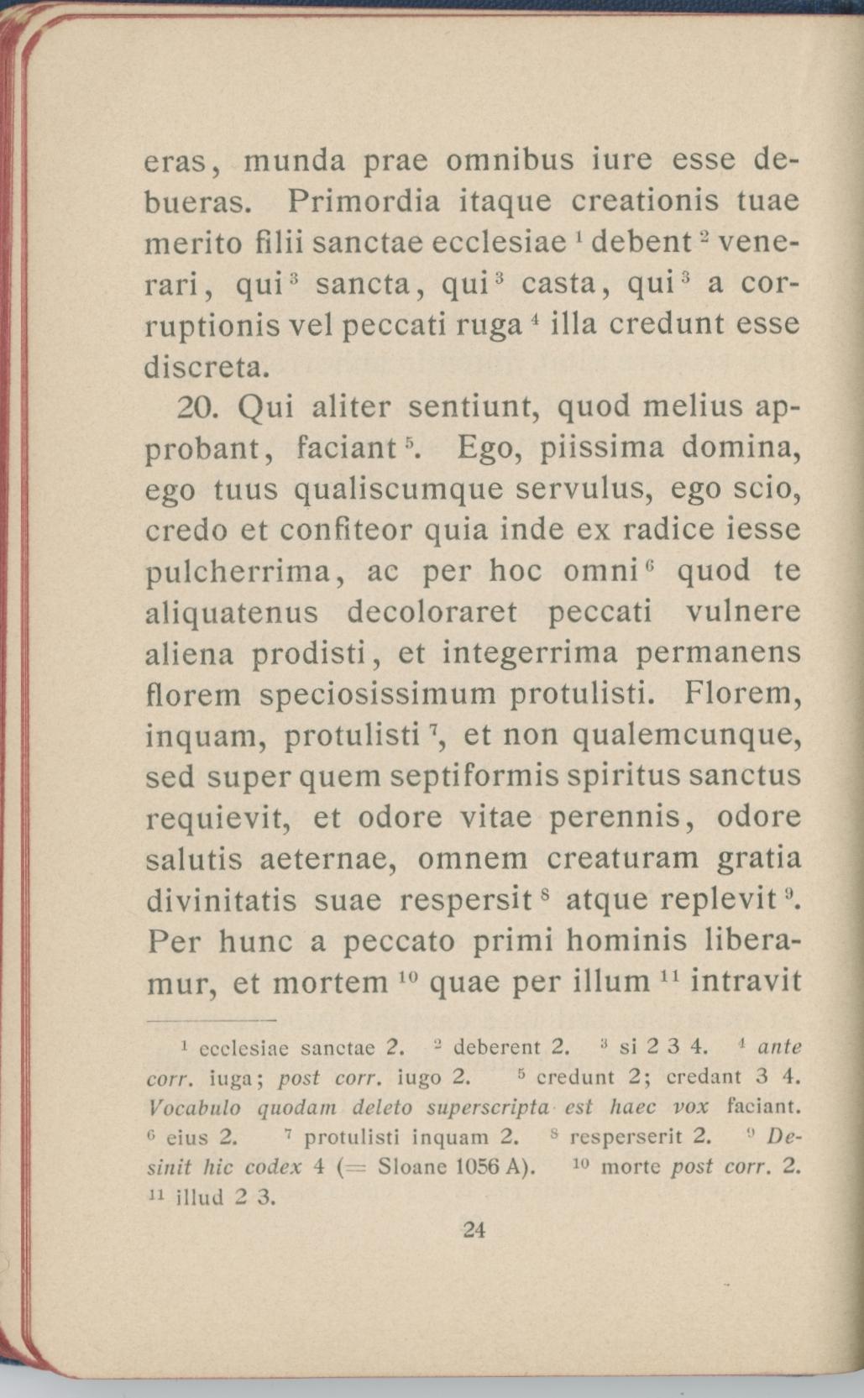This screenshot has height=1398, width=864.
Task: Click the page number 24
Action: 474,1231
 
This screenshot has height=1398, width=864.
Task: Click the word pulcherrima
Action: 242,573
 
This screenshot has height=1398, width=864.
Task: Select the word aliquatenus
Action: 233,613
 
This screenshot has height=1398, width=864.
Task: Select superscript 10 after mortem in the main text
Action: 406,976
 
